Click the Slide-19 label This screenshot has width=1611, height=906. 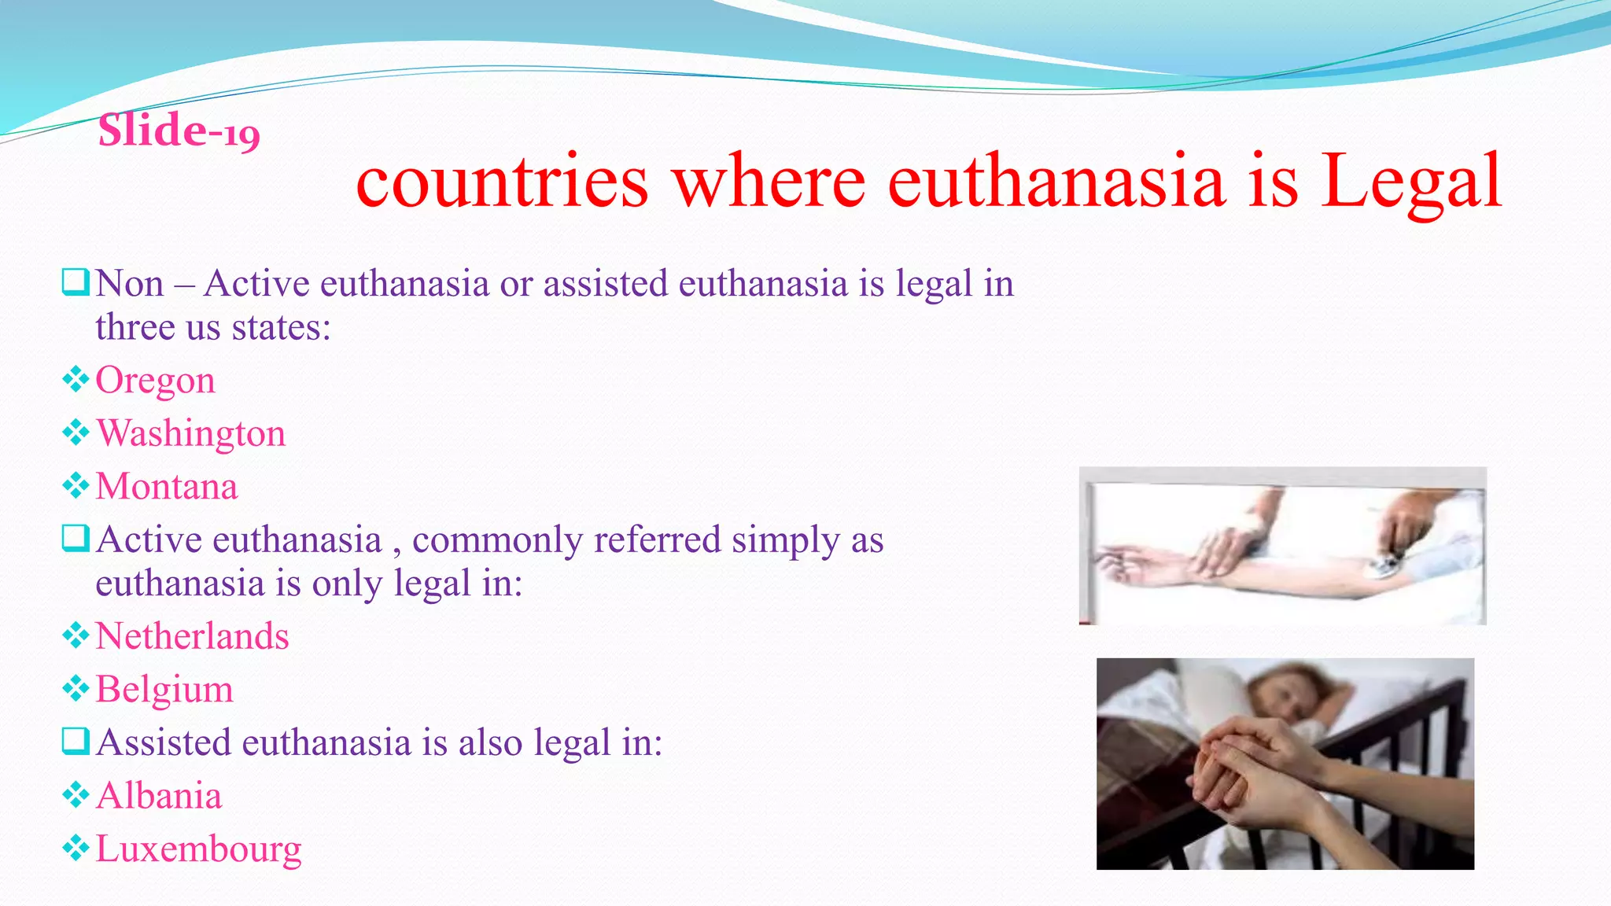point(179,131)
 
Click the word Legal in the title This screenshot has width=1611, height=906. point(1411,182)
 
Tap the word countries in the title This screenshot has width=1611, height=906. point(502,182)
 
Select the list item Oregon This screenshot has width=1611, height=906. point(155,381)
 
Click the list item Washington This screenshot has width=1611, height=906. point(190,433)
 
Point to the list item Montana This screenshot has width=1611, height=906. point(166,486)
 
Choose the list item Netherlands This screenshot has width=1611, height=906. point(192,636)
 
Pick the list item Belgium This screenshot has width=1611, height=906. point(164,690)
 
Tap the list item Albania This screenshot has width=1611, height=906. point(159,796)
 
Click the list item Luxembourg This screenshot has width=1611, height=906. point(198,849)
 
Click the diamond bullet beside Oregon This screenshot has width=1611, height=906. point(76,380)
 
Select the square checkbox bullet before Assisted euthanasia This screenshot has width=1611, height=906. point(76,741)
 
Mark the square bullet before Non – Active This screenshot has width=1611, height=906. point(76,282)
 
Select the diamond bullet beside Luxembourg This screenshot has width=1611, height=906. point(76,848)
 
